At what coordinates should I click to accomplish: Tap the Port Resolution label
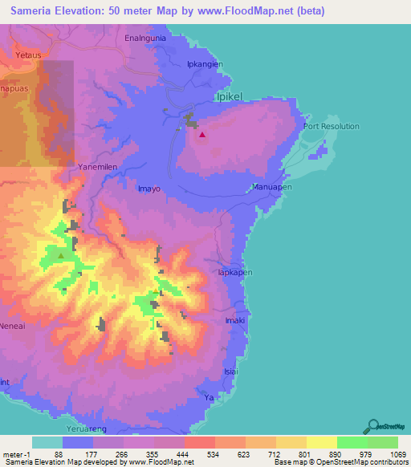tap(331, 127)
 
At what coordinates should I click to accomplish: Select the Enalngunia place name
tap(145, 38)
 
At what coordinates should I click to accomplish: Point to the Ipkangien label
tap(204, 63)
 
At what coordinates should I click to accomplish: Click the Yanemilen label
tap(100, 166)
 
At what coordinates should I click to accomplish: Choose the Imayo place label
tap(149, 189)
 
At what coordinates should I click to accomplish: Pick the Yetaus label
tap(27, 55)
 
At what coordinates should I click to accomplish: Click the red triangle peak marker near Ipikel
tap(201, 135)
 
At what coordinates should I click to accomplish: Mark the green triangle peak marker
tap(60, 256)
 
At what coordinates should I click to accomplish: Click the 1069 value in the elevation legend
tap(389, 453)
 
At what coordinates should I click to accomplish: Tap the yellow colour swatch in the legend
tap(321, 442)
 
